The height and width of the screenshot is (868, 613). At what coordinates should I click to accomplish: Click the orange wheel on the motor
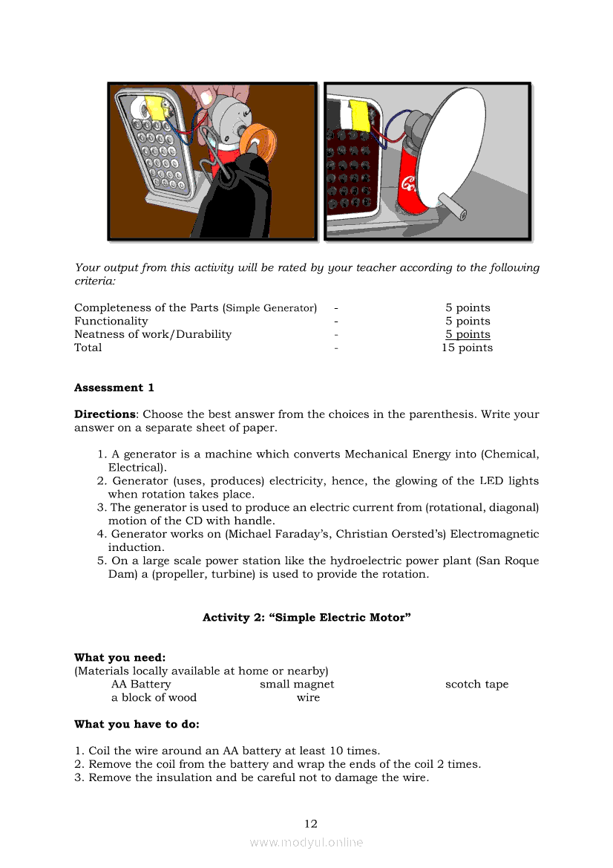(261, 140)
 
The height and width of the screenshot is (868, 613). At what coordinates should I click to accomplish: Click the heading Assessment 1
(114, 388)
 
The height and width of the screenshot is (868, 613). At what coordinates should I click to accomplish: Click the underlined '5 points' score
(468, 335)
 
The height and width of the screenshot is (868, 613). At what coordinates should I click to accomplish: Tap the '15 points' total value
(467, 347)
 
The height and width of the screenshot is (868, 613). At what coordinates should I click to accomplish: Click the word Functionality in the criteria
(111, 322)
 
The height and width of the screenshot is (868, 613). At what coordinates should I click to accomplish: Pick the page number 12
(311, 823)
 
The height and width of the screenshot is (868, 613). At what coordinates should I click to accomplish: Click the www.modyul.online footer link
(306, 843)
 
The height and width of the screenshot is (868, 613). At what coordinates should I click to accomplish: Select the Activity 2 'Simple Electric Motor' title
(306, 618)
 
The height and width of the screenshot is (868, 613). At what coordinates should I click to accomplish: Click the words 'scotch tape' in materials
(476, 685)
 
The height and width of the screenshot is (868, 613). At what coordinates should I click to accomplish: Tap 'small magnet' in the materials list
(297, 685)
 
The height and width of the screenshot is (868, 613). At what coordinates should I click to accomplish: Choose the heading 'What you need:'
(119, 658)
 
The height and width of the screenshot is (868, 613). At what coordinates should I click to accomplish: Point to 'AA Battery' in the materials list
(141, 685)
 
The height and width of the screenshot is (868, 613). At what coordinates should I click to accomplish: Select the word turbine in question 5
(220, 574)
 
